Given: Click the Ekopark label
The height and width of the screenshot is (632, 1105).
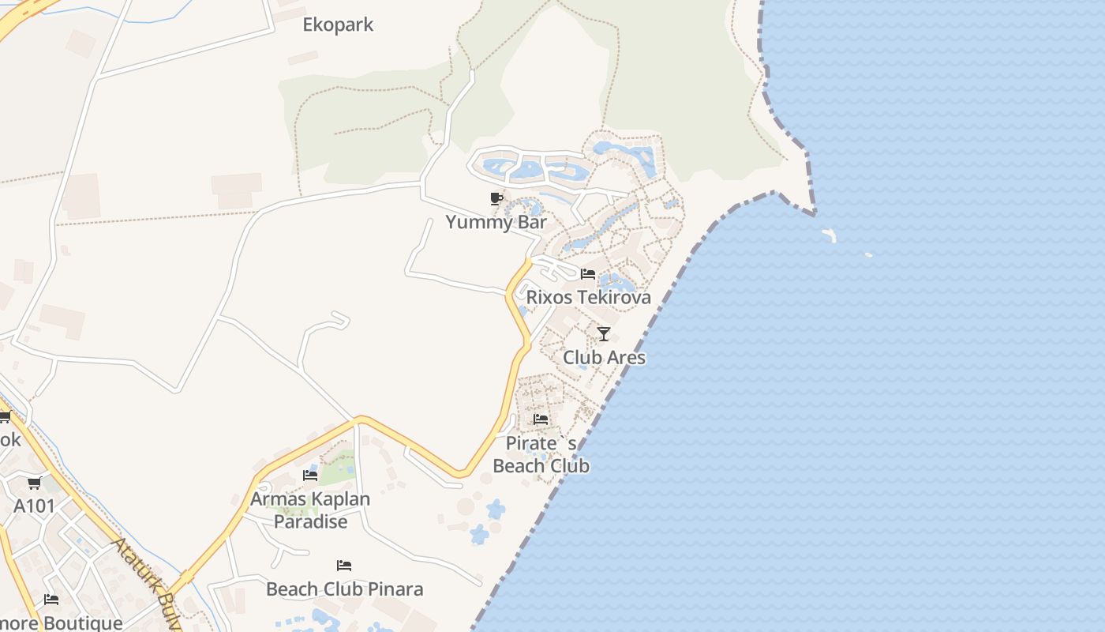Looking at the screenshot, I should coord(338,24).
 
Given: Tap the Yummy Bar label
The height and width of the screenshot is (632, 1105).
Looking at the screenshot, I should coord(496,222).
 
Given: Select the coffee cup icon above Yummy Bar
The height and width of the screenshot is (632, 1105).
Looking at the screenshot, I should coord(496,198).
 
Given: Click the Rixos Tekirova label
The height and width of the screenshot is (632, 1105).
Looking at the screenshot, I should coord(588,297).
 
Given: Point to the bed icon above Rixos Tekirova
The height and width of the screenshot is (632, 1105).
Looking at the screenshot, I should coord(588,274).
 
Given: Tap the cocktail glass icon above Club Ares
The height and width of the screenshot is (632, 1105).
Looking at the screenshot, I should coord(604,334).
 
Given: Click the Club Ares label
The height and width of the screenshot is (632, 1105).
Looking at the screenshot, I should coord(604,358).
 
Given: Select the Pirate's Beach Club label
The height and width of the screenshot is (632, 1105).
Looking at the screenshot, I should coord(541,454).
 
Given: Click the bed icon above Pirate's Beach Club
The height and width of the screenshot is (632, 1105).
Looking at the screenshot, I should coord(541,419).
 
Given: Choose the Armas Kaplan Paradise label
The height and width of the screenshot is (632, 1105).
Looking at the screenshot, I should coord(310,510).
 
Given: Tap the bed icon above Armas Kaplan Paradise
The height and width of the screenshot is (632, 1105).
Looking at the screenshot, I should coord(310,476).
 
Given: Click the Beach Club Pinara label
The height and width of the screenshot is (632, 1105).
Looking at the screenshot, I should coord(344,589).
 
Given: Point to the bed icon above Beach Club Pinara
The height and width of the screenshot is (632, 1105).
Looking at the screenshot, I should coord(344,566).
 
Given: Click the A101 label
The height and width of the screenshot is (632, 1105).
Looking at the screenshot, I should coord(34,506).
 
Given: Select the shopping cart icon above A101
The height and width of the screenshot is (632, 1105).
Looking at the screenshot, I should coord(34,483).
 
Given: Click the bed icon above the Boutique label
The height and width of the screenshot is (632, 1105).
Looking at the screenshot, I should coord(51,600).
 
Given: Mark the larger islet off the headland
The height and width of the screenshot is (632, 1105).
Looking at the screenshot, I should coord(829,235).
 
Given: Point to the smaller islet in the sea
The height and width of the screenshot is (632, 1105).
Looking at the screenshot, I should coord(868,254).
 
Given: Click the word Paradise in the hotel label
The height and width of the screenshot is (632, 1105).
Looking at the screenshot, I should coord(310,522).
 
